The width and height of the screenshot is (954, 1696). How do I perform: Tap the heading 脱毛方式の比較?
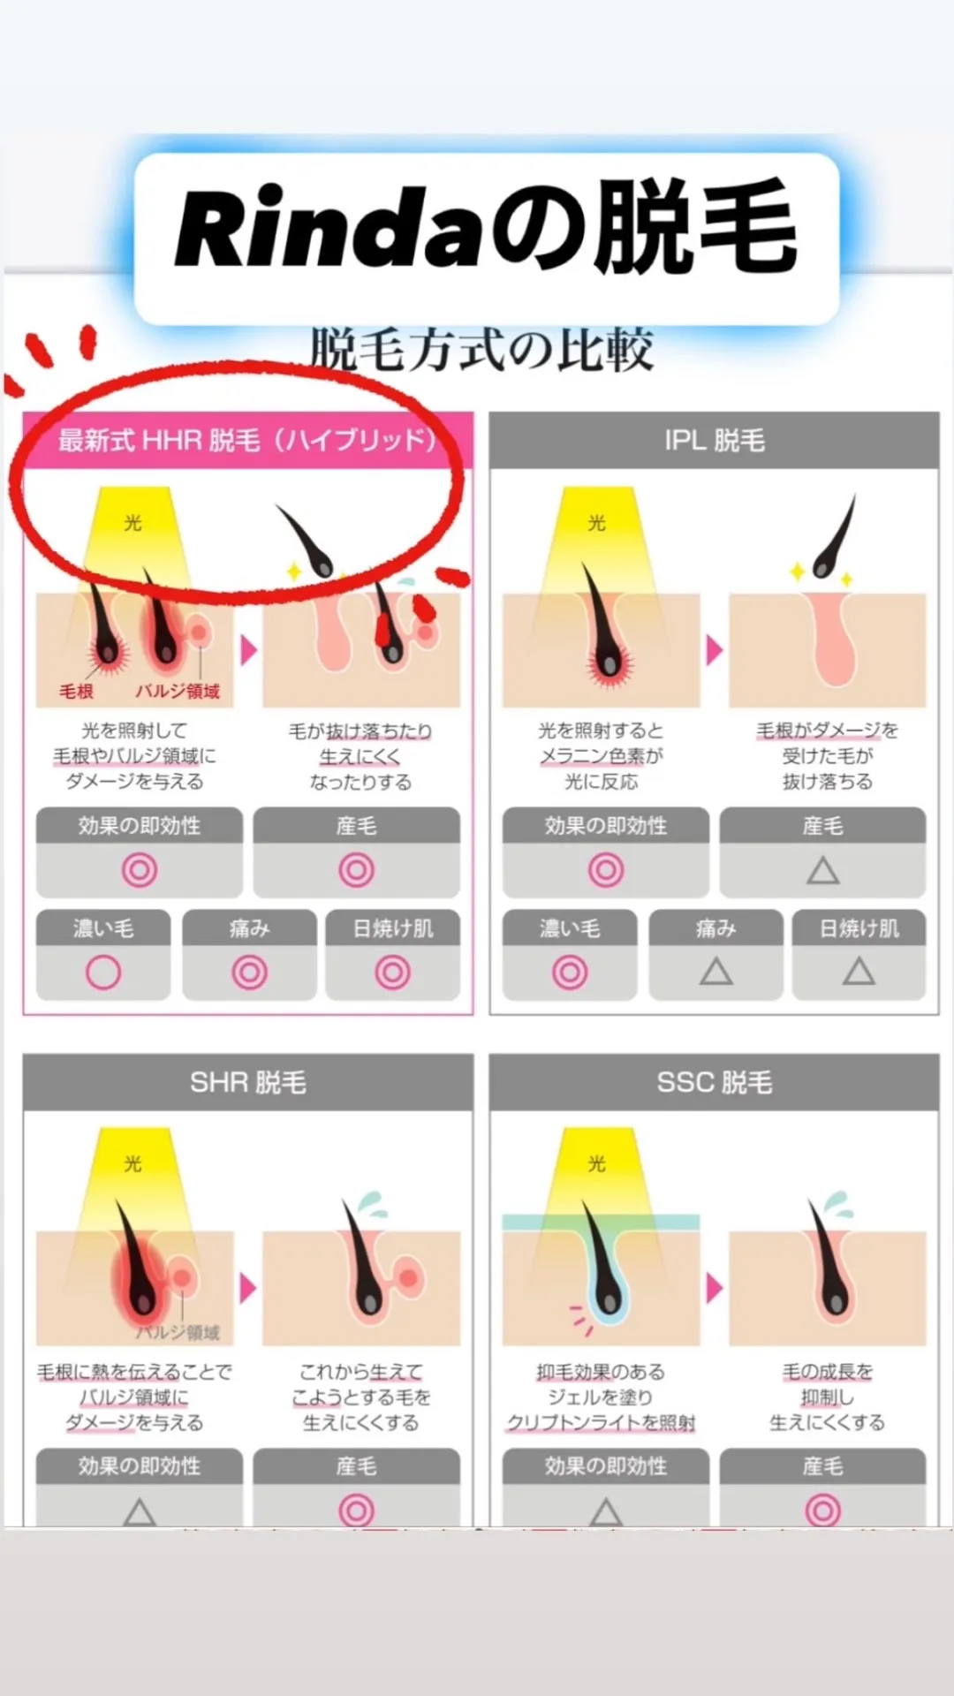(x=481, y=349)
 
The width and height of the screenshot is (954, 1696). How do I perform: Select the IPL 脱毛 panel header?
(x=715, y=440)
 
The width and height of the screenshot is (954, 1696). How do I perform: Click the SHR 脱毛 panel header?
(x=248, y=1082)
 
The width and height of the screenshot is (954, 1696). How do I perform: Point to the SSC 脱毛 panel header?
(x=715, y=1082)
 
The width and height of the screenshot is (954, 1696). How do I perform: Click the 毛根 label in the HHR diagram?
(x=76, y=691)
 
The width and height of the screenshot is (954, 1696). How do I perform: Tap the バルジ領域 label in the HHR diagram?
(x=178, y=691)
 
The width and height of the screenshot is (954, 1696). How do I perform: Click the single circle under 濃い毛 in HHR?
(x=103, y=973)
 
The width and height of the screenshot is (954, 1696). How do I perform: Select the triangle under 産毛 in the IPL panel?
(x=823, y=871)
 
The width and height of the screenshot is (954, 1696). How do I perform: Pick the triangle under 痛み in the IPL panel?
(x=716, y=972)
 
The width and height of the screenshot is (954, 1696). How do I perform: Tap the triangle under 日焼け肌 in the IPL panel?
(x=859, y=972)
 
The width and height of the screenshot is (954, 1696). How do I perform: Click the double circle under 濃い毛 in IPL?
(x=570, y=973)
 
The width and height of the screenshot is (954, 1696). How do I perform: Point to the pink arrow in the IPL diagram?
(x=714, y=651)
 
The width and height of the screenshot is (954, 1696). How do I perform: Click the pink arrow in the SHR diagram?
(x=248, y=1288)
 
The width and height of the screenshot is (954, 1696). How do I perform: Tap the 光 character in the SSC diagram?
(x=597, y=1163)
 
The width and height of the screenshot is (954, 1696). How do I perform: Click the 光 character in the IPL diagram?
(x=597, y=523)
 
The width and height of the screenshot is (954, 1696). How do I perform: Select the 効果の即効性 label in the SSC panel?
(x=606, y=1466)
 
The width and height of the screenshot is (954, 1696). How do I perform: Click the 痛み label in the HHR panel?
(x=249, y=928)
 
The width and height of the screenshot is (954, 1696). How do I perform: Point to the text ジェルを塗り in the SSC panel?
(x=600, y=1397)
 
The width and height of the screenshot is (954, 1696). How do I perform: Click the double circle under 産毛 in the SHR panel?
(x=356, y=1510)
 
